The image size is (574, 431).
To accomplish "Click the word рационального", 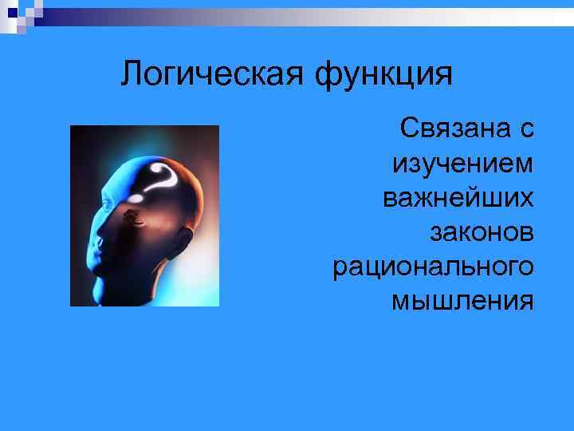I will coord(434,266).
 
